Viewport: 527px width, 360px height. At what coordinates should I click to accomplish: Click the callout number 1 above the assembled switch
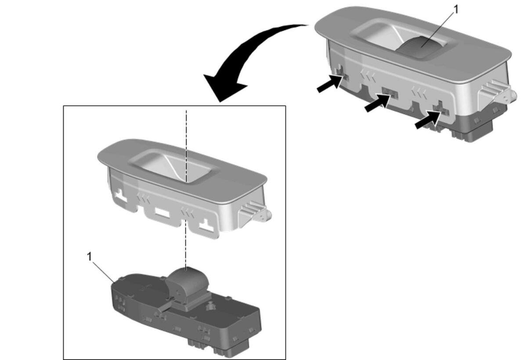(456, 10)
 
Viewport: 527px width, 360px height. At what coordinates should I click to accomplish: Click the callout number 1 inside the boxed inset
(89, 257)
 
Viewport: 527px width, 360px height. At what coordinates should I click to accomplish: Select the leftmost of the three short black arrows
(329, 83)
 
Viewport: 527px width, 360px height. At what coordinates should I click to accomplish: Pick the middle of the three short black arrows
(377, 103)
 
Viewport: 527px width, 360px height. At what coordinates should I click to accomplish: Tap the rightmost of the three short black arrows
(428, 120)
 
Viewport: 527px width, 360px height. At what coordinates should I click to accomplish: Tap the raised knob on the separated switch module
(187, 283)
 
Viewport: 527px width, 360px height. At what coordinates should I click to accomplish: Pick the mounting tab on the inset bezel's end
(255, 214)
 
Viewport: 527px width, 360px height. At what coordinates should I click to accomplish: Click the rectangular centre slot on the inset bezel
(162, 213)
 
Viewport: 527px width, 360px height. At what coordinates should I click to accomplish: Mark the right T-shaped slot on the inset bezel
(207, 226)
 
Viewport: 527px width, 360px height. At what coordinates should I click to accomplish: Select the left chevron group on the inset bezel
(144, 200)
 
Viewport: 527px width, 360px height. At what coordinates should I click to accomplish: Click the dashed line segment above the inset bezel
(186, 146)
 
